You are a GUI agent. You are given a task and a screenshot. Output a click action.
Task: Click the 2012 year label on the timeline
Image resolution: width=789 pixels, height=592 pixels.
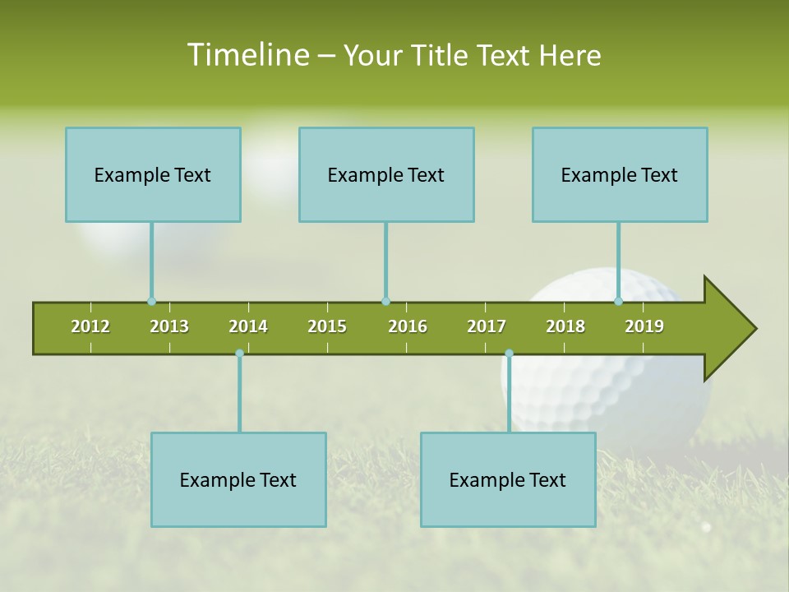click(90, 326)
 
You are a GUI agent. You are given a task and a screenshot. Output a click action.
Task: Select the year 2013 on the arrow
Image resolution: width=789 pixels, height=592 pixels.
click(169, 326)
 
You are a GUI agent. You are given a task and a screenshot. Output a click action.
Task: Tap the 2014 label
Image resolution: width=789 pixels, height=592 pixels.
click(248, 326)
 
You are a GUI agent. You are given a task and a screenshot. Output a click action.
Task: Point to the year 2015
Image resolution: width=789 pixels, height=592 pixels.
click(327, 326)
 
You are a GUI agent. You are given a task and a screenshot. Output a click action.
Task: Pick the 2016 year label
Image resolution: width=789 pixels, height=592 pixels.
click(408, 326)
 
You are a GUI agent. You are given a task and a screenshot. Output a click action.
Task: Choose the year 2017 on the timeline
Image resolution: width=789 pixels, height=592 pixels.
click(487, 326)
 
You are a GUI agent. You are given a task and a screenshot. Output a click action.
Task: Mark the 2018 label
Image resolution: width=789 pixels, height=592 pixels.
click(565, 326)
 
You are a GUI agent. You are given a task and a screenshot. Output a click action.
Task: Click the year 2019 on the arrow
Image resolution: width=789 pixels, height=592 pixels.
click(644, 326)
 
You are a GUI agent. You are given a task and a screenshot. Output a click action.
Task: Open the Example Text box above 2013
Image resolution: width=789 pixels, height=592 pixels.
click(153, 175)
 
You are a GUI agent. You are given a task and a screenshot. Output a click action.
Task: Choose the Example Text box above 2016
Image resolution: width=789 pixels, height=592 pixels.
click(386, 175)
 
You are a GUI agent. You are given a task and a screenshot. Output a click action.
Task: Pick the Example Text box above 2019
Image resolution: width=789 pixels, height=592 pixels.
click(620, 175)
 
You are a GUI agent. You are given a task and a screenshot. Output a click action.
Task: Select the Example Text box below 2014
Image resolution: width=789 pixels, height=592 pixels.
click(238, 480)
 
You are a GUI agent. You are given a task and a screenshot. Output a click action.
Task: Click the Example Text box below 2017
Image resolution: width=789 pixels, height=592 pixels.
click(508, 480)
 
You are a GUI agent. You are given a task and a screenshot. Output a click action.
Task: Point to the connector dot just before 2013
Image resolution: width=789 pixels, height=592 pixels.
click(151, 302)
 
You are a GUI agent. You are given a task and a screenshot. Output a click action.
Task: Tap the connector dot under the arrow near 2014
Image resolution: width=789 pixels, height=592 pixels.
click(239, 354)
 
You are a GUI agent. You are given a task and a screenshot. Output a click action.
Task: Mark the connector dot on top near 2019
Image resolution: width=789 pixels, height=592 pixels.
click(618, 302)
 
